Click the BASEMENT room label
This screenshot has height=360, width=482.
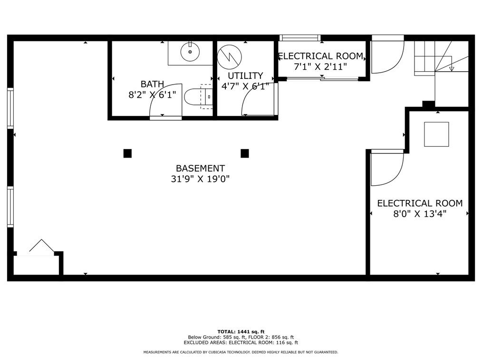(200, 168)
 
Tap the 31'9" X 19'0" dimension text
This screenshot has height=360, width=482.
(200, 179)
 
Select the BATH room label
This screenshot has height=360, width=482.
(152, 84)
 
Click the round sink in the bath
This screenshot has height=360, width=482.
(190, 52)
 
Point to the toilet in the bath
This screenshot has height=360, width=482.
(195, 96)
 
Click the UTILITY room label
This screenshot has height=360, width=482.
(245, 76)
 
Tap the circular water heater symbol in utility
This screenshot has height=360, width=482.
(229, 57)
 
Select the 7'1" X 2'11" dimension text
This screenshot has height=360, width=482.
(320, 67)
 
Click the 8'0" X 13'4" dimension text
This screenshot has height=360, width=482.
(419, 214)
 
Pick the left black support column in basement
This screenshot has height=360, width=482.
(127, 153)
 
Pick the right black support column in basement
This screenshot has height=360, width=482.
(245, 153)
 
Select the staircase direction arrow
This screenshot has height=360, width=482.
(452, 68)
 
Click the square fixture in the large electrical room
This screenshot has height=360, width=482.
(436, 134)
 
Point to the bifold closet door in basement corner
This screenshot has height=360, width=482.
(41, 246)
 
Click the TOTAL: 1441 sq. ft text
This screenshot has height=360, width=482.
(241, 332)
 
